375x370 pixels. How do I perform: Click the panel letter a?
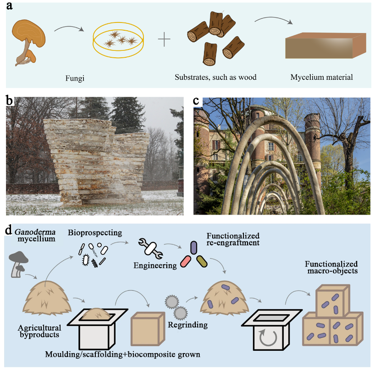(x=9, y=6)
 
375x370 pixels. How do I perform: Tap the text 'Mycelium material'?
(x=321, y=77)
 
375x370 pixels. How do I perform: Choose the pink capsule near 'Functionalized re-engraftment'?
(x=186, y=262)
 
